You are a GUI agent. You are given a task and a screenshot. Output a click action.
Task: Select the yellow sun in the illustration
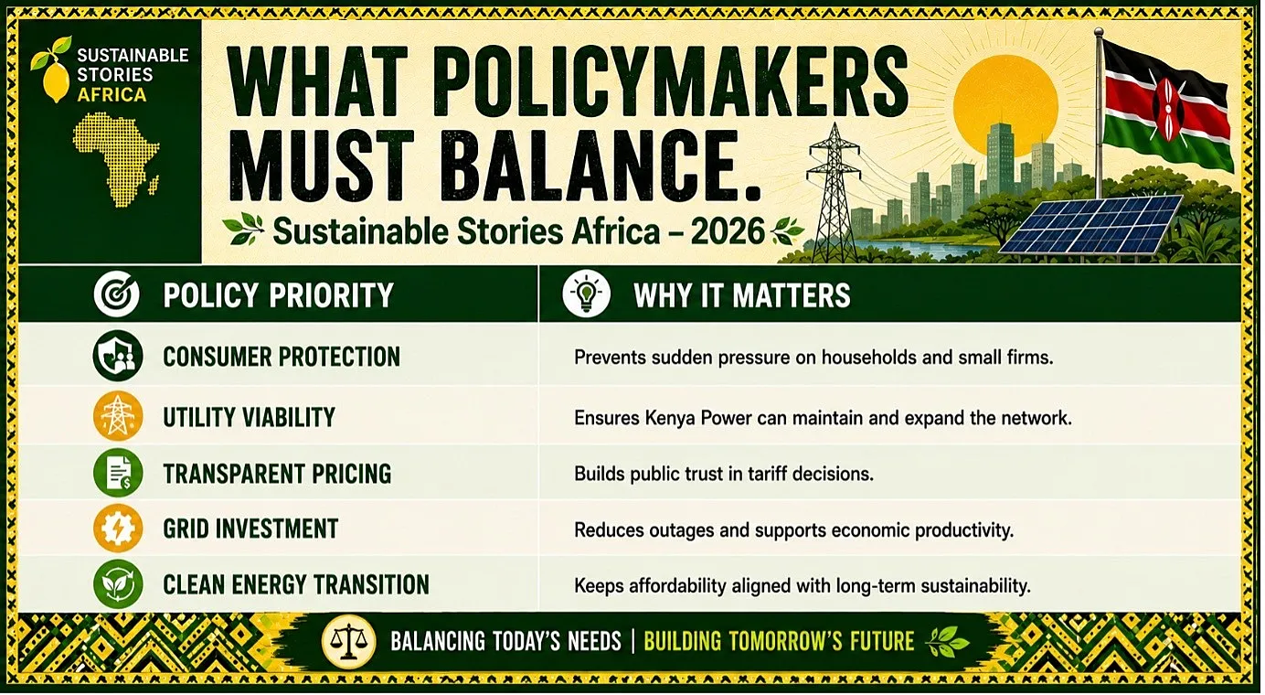(x=1005, y=106)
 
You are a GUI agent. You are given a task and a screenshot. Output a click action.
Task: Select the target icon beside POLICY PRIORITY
(x=116, y=294)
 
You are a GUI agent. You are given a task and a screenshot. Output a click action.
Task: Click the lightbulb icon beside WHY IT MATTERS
(x=586, y=294)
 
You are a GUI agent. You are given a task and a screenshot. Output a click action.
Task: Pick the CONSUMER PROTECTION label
(x=282, y=358)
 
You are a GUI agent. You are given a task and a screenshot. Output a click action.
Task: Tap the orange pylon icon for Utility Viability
(x=117, y=416)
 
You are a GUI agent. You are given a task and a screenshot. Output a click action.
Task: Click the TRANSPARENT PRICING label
(x=277, y=474)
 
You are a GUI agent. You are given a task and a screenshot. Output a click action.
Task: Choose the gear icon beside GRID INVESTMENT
(x=117, y=529)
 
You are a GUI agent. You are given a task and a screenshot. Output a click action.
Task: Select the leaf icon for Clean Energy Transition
(x=117, y=583)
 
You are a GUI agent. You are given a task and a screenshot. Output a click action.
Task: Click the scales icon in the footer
(x=348, y=642)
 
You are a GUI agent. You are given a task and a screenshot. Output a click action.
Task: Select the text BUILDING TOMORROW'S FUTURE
(x=779, y=641)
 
